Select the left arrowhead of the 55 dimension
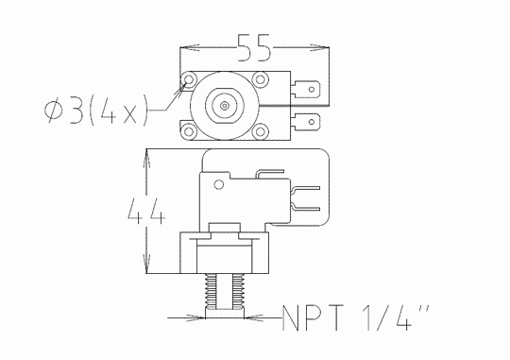(x=185, y=45)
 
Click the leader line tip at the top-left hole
(x=183, y=90)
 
